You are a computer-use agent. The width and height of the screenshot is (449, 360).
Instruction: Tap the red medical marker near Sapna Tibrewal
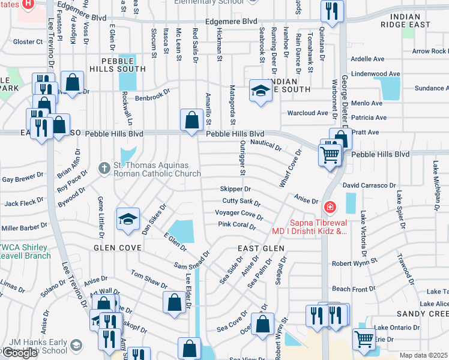(329, 208)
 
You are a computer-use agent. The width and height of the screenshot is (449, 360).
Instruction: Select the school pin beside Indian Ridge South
(260, 91)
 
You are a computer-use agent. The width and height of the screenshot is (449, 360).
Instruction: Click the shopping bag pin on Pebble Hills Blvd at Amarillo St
(191, 120)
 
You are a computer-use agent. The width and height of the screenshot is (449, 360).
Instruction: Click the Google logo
(20, 353)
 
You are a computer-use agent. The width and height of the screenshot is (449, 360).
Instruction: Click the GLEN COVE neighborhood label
(116, 247)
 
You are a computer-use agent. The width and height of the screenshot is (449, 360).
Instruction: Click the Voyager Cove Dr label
(239, 214)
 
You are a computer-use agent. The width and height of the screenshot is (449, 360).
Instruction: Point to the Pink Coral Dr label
(237, 226)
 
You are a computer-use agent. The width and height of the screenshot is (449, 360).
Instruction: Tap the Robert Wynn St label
(354, 262)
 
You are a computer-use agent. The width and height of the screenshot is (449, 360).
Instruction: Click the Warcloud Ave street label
(308, 112)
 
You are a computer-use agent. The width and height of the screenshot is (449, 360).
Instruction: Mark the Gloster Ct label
(28, 42)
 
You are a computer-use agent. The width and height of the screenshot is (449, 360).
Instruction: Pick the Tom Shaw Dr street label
(149, 280)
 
